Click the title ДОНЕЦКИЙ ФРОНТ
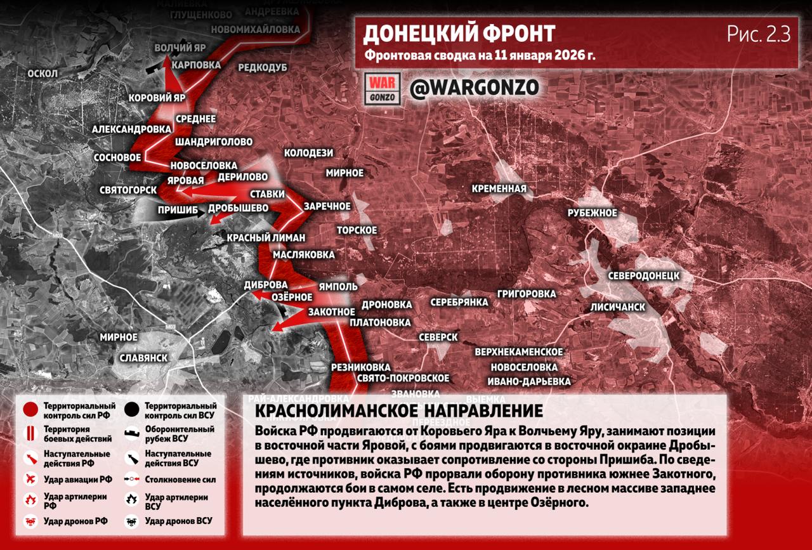(x=460, y=33)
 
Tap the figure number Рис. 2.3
(x=759, y=35)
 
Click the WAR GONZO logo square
(x=383, y=89)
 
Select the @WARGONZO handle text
(x=474, y=88)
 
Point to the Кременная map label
(x=499, y=188)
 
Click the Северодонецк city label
(x=643, y=276)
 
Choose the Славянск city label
(x=143, y=358)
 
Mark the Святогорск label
(x=128, y=190)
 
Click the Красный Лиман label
(x=266, y=238)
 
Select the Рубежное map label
(x=593, y=213)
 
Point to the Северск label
(x=438, y=337)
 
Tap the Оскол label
(x=43, y=74)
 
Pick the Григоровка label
(x=527, y=294)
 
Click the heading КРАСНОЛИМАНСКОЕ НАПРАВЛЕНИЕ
(x=398, y=410)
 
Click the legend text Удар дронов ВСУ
(x=178, y=521)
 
